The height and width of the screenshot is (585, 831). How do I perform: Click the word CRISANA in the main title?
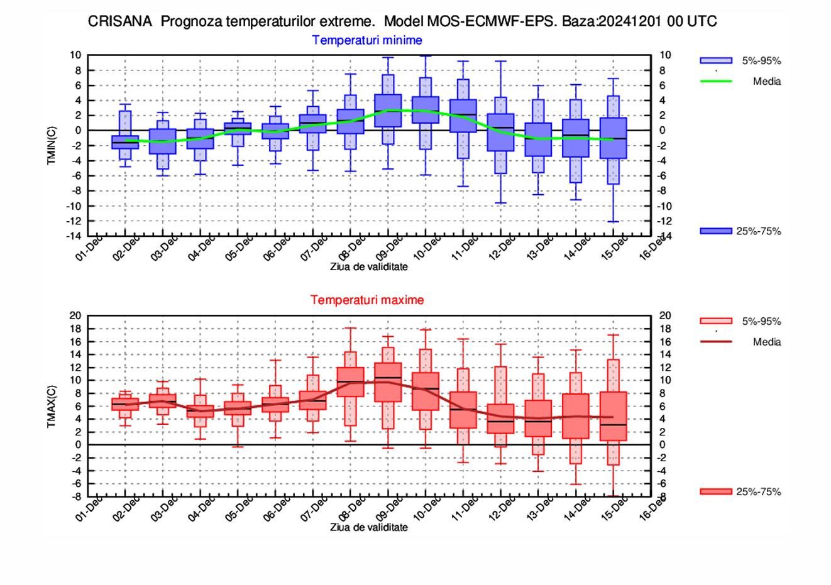point(119,21)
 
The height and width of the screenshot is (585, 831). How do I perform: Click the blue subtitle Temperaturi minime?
point(367,40)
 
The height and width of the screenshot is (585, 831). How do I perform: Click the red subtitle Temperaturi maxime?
point(367,300)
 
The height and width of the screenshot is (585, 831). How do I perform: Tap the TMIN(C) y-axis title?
point(52,145)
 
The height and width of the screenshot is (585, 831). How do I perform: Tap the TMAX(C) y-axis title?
point(52,405)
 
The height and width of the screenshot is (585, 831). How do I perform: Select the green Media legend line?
point(716,81)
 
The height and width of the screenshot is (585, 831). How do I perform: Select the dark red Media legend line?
point(716,342)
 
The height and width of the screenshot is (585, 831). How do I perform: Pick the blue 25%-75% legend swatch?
point(716,231)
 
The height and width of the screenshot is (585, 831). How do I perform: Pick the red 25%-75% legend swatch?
point(716,492)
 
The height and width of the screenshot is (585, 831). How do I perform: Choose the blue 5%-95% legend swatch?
point(716,61)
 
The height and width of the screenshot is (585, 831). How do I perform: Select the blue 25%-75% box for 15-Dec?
point(613,138)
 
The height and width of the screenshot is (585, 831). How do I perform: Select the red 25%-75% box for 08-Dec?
point(351,382)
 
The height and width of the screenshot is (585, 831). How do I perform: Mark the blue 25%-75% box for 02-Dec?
point(125,142)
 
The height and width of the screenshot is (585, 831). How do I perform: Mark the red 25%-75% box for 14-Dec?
point(576,416)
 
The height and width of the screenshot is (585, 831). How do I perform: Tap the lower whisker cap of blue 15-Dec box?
point(613,222)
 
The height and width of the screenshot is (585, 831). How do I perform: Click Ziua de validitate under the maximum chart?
point(369,527)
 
